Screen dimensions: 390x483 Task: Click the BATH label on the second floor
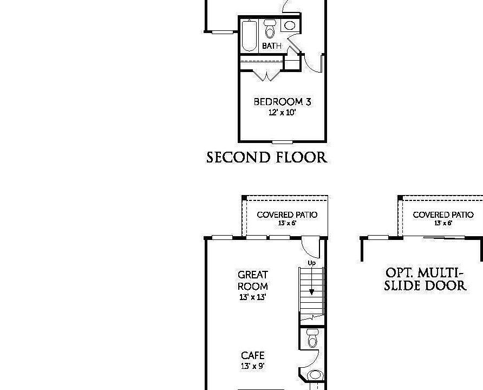pos(272,46)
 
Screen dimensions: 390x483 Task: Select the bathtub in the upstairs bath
pos(249,36)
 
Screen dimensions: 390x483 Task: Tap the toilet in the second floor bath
pos(270,30)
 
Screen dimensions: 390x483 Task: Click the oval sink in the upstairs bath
pos(290,25)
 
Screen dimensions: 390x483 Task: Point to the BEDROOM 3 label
pos(282,102)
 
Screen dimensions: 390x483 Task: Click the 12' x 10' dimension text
pos(282,113)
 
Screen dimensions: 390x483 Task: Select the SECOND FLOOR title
pos(267,158)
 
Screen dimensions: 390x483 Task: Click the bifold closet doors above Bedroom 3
pos(265,75)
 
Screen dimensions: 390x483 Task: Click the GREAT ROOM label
pos(253,281)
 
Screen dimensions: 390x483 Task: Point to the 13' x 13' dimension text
pos(253,297)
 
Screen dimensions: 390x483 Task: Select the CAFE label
pos(253,355)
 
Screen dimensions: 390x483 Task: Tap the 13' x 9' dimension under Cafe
pos(253,366)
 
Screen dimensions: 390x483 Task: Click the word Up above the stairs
pos(311,263)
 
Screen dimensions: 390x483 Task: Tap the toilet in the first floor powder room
pos(312,338)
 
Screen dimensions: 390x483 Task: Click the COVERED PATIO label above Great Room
pos(287,215)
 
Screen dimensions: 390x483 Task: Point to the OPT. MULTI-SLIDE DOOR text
pos(426,279)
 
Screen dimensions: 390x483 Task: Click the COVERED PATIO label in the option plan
pos(443,215)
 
